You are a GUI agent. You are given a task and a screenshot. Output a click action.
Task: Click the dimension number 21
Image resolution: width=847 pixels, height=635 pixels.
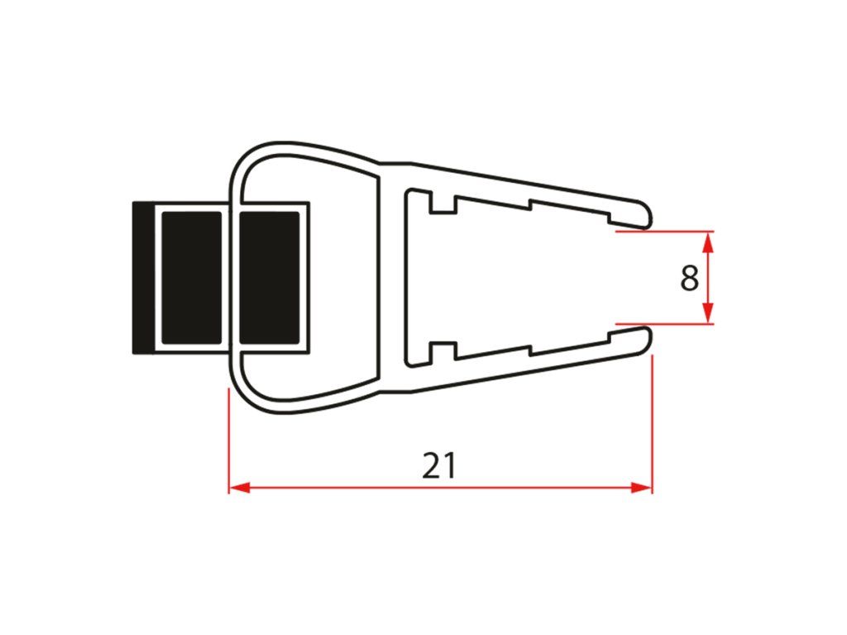pos(439,466)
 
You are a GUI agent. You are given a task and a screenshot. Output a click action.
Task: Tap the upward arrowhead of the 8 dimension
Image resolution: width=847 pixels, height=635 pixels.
pos(709,241)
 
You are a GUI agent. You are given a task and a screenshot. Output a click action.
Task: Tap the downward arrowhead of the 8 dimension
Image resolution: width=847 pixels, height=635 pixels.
pos(709,313)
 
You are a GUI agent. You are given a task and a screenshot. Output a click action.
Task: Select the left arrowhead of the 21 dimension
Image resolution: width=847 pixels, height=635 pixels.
pos(239,488)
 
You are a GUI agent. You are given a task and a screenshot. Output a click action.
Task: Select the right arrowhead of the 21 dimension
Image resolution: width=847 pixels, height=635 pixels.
pos(642,488)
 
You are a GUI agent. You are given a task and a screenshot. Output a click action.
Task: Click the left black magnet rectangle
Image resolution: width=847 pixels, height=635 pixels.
pos(192,278)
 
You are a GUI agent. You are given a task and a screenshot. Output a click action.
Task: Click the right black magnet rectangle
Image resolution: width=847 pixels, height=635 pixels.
pos(269,278)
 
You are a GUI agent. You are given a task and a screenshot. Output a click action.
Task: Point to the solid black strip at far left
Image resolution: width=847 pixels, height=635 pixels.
pos(142,278)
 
